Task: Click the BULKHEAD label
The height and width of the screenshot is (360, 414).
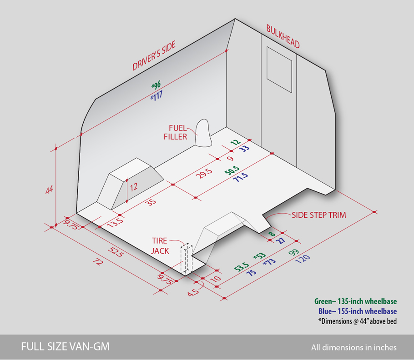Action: [283, 37]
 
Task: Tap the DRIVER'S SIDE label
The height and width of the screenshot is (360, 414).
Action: [154, 55]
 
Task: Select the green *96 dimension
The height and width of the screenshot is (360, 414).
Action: [156, 85]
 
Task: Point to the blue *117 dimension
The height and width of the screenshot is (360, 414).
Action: [157, 95]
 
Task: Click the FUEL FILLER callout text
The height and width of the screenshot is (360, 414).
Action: [175, 132]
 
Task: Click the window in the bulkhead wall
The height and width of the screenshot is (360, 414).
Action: [279, 70]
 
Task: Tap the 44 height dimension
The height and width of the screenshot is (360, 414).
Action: [49, 190]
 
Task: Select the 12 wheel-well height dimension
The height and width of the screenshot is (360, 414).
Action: [134, 187]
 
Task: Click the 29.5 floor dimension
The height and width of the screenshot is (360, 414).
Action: [204, 173]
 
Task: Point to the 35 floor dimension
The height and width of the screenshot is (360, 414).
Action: [151, 202]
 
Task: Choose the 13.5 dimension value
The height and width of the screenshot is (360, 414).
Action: [116, 222]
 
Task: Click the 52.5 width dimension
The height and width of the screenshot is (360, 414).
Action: [116, 252]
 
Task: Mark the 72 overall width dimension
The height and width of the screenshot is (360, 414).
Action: [97, 262]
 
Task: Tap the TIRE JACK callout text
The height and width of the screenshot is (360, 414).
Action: [160, 246]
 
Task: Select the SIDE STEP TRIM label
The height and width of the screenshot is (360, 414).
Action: [318, 215]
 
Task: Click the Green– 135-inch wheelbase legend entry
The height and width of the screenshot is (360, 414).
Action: [355, 301]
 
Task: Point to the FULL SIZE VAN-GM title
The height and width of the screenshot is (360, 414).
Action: [65, 346]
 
